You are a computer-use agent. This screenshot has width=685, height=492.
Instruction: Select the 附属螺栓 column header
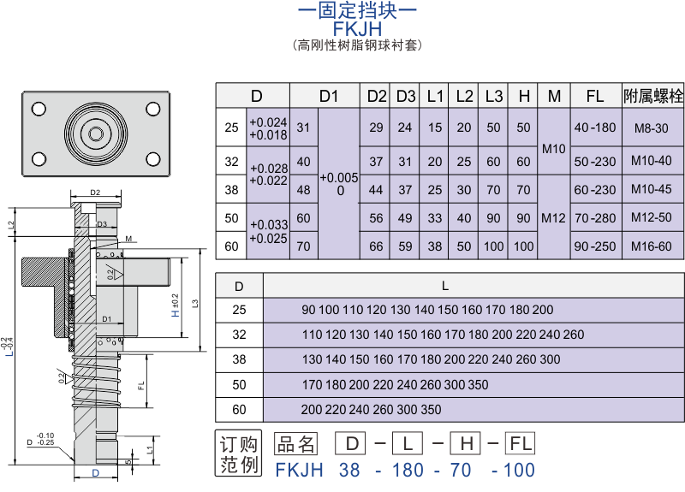(x=653, y=96)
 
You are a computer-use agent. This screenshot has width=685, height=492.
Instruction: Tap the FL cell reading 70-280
(x=595, y=218)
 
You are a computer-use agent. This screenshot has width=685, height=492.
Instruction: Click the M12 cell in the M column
(x=554, y=218)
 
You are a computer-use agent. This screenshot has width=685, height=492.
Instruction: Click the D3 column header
(x=406, y=96)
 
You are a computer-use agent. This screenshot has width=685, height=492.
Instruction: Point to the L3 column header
(x=494, y=96)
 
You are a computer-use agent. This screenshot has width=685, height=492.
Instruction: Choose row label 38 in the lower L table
(x=239, y=359)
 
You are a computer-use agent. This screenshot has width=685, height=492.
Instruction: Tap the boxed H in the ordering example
(x=468, y=443)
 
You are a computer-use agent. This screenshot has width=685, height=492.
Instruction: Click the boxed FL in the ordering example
(x=520, y=443)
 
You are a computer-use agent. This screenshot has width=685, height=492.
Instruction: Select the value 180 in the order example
(x=408, y=470)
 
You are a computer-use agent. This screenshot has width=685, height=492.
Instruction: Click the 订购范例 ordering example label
(x=239, y=455)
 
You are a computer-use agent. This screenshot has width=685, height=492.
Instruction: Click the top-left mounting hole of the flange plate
(x=39, y=109)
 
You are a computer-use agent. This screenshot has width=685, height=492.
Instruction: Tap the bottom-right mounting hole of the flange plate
(x=152, y=158)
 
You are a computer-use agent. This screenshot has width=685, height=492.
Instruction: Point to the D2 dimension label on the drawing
(x=95, y=193)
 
